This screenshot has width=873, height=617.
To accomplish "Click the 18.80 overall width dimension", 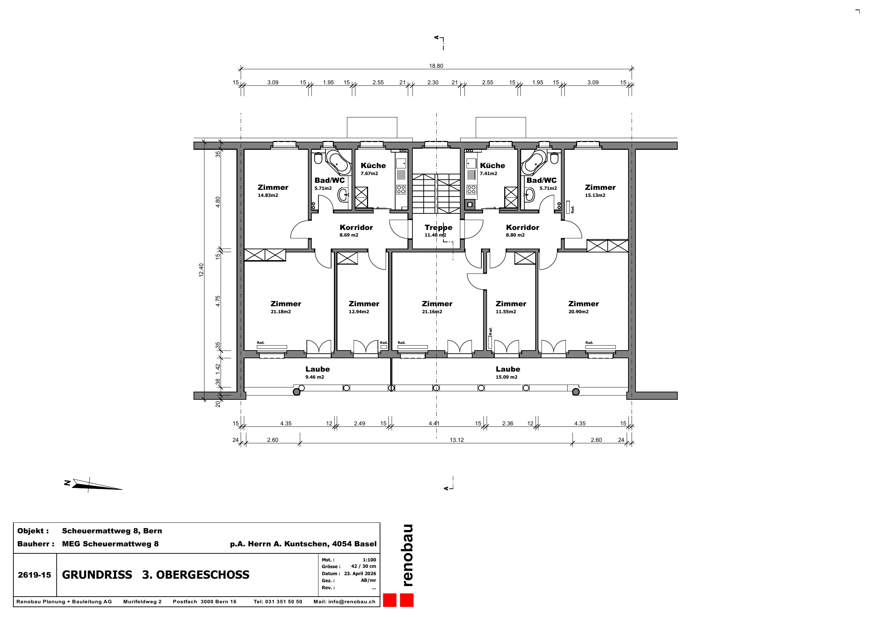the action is pos(436,66).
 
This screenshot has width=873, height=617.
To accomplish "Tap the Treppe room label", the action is pos(438,227).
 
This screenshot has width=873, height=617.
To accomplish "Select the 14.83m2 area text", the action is pos(268,195).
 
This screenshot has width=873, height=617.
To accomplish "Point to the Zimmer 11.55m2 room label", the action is pos(511,307).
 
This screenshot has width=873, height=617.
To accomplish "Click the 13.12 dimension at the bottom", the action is pos(457,440).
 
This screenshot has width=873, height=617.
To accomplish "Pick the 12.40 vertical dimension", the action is pos(201,270).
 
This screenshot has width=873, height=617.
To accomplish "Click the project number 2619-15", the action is pos(34,575).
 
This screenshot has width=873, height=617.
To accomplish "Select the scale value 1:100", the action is pos(369,560).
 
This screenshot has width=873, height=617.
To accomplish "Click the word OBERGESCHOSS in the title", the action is pos(203,575).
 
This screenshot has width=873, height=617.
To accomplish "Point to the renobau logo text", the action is pos(407,555).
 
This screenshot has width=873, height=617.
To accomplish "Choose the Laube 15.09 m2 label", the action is pos(508,372).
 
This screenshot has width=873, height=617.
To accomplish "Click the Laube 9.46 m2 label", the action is pos(317,372).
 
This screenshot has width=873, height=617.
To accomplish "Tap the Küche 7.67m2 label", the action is pos(373,169).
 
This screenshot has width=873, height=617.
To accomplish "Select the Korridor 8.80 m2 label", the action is pos(523,231).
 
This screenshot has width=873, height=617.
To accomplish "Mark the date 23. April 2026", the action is pos(360,574).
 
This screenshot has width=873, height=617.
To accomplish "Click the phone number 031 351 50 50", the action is pos(284,602).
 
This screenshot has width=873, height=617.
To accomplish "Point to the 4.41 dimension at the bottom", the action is pos(434,423).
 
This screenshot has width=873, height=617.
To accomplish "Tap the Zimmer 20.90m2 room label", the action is pos(583,307).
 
